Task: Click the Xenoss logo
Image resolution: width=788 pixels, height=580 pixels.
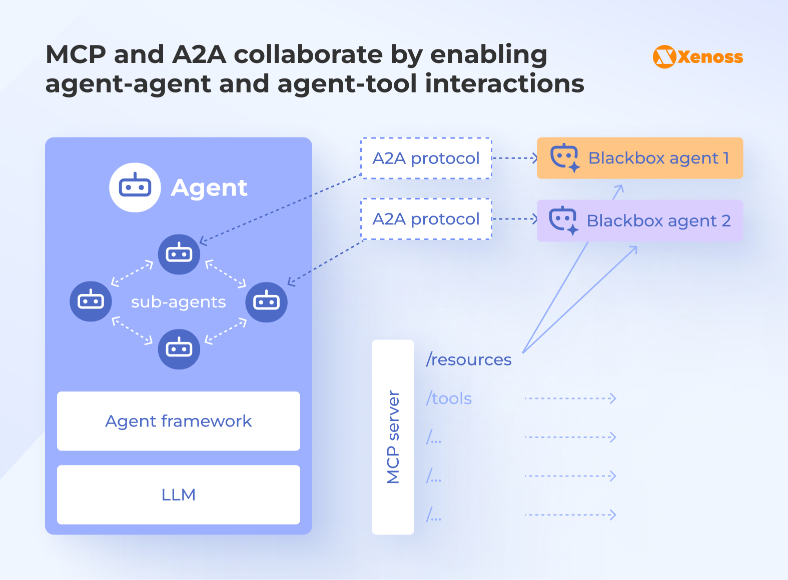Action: pos(697,56)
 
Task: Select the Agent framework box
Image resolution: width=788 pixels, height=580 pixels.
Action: pos(179,421)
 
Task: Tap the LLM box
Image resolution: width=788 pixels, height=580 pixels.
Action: pos(179,494)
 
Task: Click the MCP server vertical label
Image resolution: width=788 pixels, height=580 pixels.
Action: pos(393,437)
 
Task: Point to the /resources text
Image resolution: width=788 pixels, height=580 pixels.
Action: pos(469,359)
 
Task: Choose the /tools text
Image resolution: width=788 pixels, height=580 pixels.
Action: pos(449,398)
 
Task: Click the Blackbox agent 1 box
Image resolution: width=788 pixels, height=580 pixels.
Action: pos(639,158)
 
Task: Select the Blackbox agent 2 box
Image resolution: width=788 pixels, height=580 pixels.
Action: pos(639,220)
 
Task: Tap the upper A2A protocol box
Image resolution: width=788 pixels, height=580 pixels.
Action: pos(426,158)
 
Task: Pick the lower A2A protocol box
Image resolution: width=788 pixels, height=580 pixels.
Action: pos(426,219)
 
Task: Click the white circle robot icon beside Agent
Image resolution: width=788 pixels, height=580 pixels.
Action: pos(135,187)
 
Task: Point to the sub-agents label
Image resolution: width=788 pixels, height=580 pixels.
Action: pos(179,302)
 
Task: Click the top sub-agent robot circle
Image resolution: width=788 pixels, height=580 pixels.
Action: pos(179,254)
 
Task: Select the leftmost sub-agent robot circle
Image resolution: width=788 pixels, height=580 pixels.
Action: pos(91,301)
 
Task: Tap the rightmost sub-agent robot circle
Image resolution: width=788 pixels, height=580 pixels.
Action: pos(266,301)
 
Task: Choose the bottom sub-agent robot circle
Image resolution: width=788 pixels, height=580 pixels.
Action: pos(179,349)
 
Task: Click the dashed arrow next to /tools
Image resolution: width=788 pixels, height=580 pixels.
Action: pos(570,398)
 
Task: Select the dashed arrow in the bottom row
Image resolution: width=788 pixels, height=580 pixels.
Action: pos(570,514)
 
